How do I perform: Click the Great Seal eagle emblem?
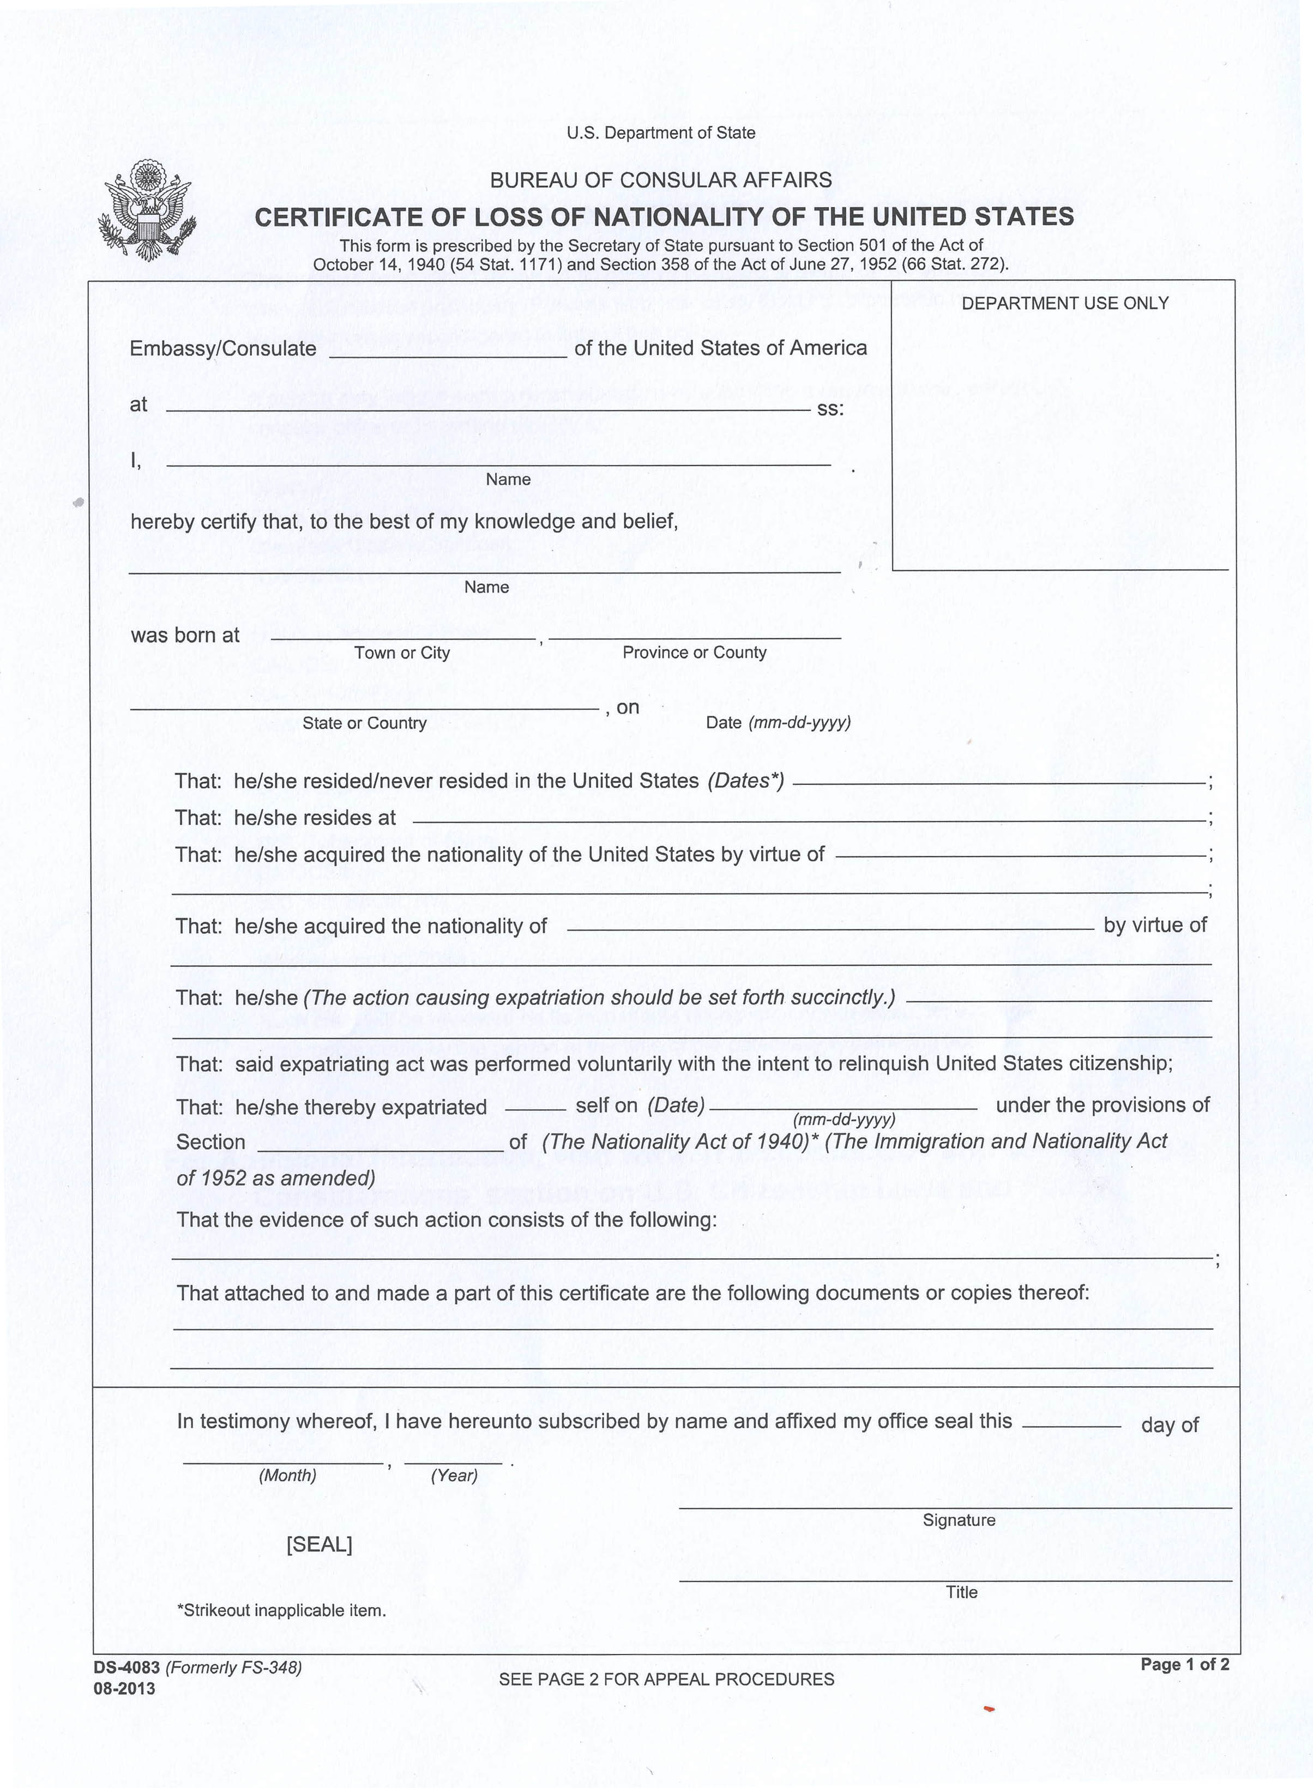click(x=146, y=210)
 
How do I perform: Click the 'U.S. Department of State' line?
click(x=660, y=132)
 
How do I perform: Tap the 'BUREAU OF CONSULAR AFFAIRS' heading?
click(x=660, y=180)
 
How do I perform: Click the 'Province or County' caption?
click(x=694, y=653)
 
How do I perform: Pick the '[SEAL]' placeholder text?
click(x=319, y=1544)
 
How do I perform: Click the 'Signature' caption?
click(x=959, y=1519)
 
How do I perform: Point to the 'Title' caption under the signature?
click(x=961, y=1592)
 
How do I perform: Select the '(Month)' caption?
click(x=287, y=1475)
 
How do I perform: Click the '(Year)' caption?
click(x=454, y=1475)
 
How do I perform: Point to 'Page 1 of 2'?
click(x=1184, y=1664)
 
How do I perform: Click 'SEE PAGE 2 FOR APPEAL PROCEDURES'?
click(x=666, y=1679)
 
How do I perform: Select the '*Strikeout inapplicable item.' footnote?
click(x=281, y=1610)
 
